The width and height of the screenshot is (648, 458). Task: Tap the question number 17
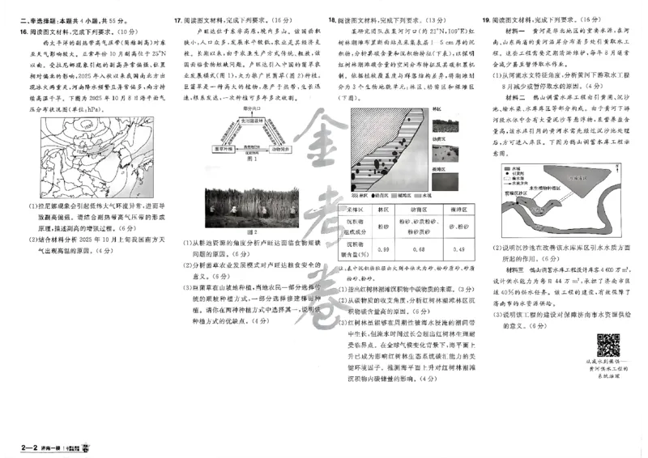point(178,19)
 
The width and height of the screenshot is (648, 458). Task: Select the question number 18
point(332,19)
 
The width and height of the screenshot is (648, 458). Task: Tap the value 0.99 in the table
point(382,248)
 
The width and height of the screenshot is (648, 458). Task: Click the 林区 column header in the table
point(382,209)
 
